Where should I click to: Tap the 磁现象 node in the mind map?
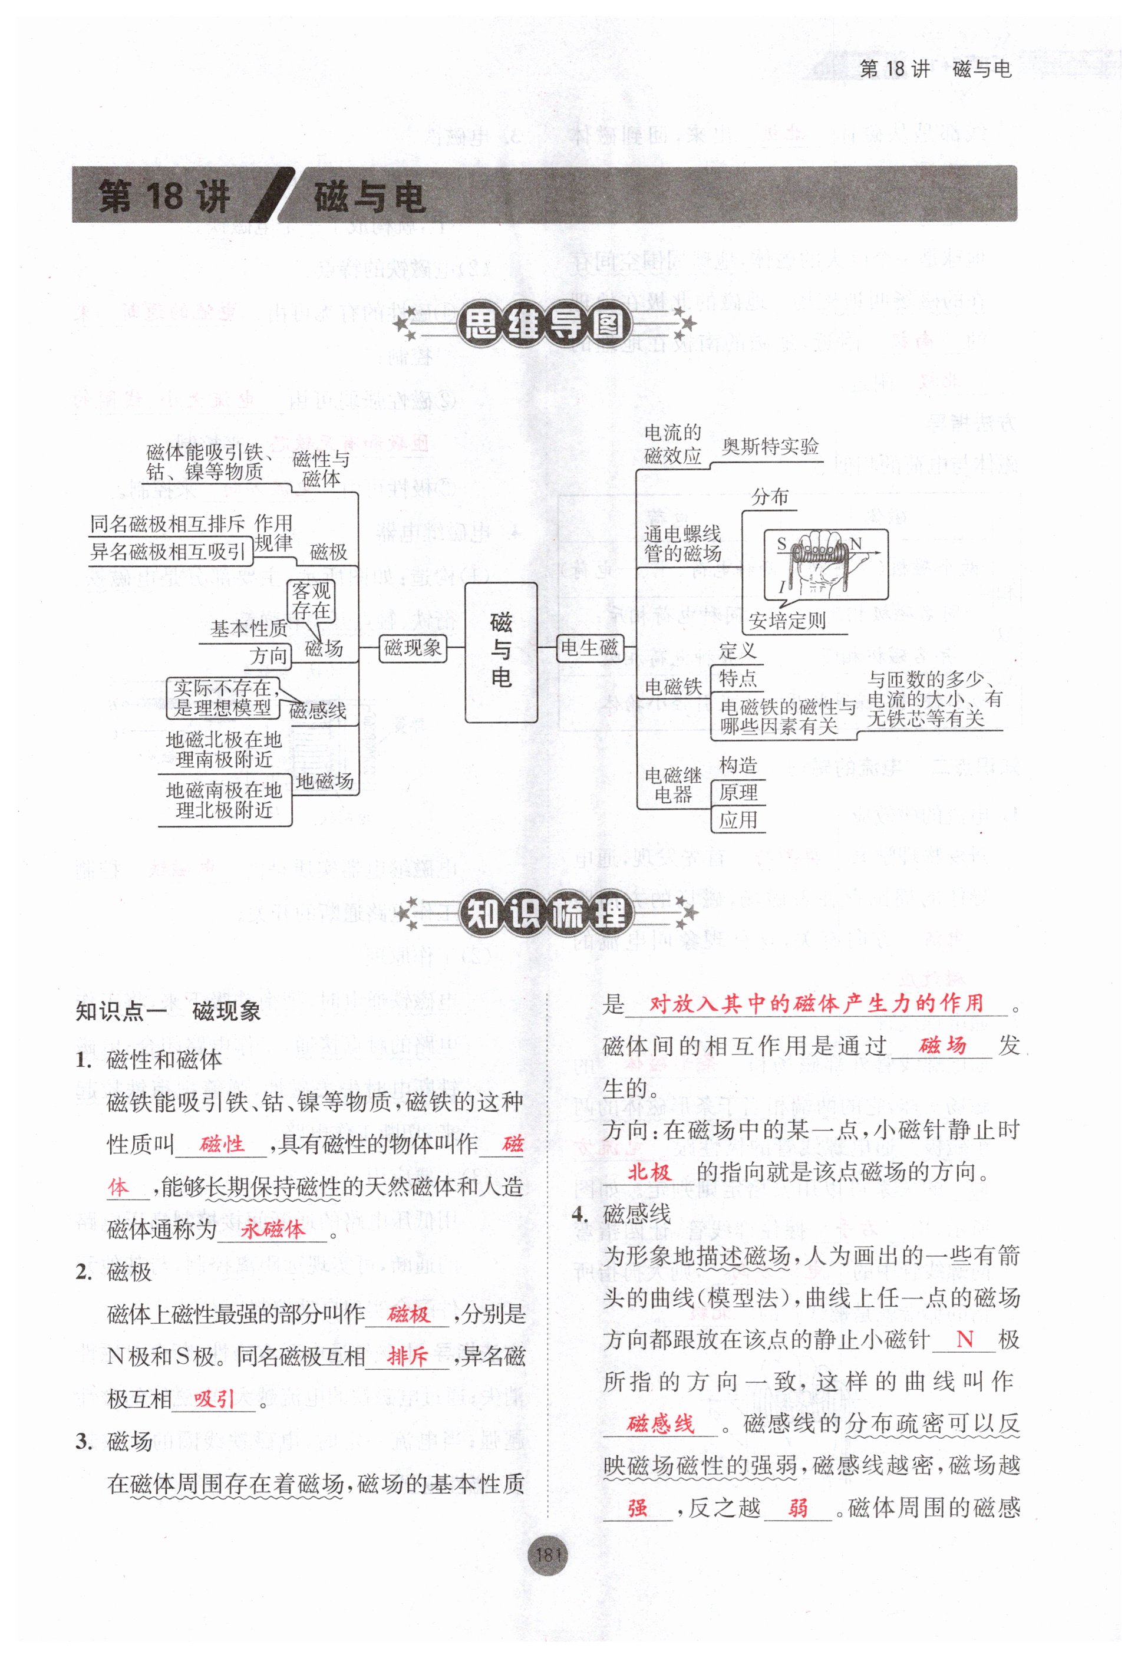(x=413, y=648)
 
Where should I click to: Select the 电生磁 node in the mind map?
(x=589, y=648)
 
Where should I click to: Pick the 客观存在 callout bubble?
(x=311, y=601)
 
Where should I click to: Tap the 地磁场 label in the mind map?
(x=325, y=780)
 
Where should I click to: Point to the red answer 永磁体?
(x=272, y=1230)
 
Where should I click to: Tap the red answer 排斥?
(x=407, y=1357)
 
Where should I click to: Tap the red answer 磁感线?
(x=660, y=1424)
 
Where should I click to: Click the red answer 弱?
(x=798, y=1508)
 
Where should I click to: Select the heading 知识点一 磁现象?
(x=169, y=1011)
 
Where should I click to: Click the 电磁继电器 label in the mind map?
(x=673, y=784)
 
